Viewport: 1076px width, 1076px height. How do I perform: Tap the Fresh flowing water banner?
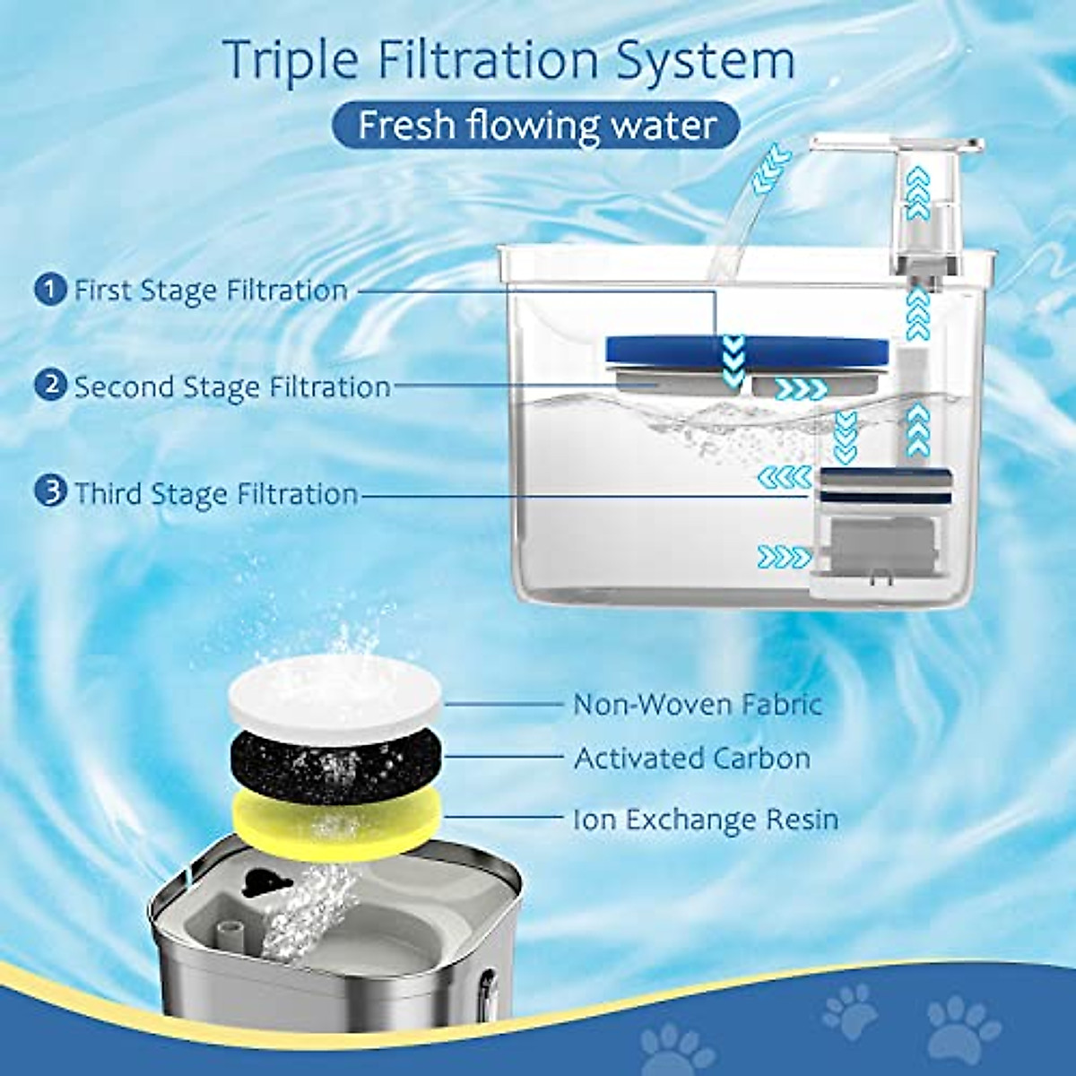[x=537, y=126]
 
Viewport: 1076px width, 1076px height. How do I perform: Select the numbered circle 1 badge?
[x=51, y=289]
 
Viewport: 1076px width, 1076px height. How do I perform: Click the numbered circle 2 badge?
[x=51, y=386]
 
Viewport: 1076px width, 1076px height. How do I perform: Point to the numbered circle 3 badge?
[x=51, y=492]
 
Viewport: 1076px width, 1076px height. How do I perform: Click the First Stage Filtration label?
[x=210, y=291]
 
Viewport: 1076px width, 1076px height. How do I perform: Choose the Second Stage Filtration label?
[x=231, y=387]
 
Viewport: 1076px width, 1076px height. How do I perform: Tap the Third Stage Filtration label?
[x=215, y=494]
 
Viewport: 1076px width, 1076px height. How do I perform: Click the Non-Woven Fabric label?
[x=697, y=704]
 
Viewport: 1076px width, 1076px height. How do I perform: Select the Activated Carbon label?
[x=691, y=759]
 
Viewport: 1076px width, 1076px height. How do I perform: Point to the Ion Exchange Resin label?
[x=706, y=820]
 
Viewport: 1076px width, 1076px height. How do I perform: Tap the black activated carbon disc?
[x=336, y=762]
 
